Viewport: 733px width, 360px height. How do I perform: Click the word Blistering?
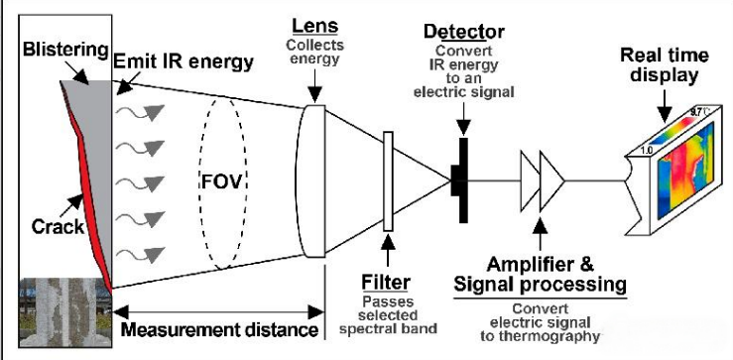tap(65, 50)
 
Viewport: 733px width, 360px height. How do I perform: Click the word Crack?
tap(58, 227)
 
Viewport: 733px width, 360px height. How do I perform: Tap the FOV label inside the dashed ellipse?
tap(223, 180)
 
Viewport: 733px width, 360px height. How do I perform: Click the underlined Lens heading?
tap(315, 26)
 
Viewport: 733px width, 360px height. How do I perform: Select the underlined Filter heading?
tap(386, 282)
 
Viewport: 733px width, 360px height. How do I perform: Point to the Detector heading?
tap(464, 32)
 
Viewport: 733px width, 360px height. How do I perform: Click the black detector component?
tap(460, 180)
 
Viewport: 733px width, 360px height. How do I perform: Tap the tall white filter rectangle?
tap(388, 181)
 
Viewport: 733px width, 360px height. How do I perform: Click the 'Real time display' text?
tap(665, 65)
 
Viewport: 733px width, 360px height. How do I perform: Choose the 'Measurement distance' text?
tap(219, 329)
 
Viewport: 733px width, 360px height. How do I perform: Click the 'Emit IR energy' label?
tap(183, 61)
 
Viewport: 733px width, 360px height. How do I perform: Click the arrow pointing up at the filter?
tap(388, 252)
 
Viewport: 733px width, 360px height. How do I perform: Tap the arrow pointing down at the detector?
tap(463, 118)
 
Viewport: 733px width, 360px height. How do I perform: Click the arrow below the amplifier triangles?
tap(541, 235)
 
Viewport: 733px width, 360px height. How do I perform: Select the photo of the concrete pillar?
tap(65, 312)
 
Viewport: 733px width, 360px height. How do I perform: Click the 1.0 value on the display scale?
tap(646, 151)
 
